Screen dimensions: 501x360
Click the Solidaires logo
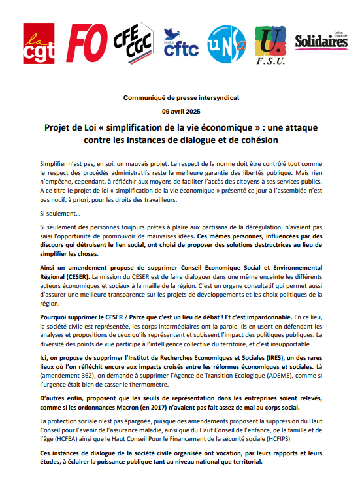pyautogui.click(x=321, y=41)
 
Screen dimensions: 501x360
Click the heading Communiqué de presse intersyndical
pyautogui.click(x=180, y=97)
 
